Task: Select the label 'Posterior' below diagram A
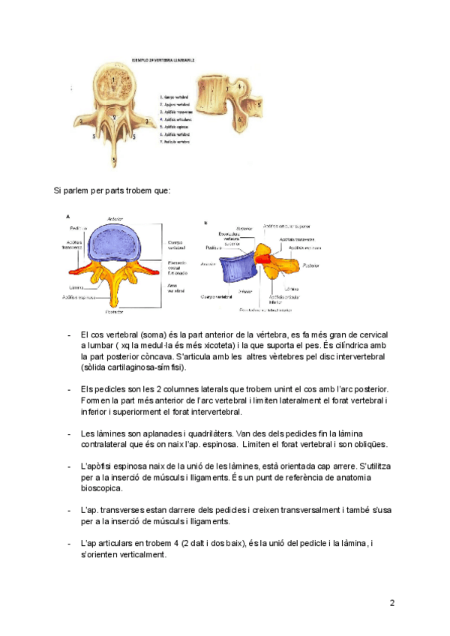[x=114, y=311]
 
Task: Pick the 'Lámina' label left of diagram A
[x=76, y=286]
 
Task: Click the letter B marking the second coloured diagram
[x=205, y=222]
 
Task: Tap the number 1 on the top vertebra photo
[x=112, y=77]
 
